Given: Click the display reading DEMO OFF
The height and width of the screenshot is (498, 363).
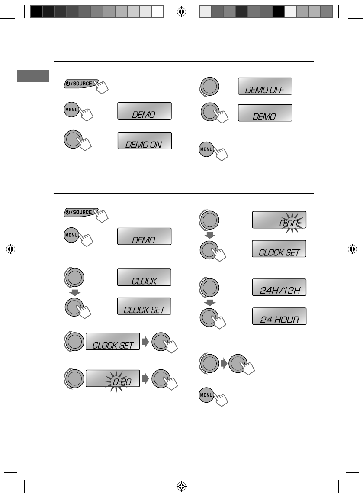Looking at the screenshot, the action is [265, 86].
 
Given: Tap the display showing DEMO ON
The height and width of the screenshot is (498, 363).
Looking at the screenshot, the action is [144, 141].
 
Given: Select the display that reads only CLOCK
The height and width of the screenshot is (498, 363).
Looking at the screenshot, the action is [144, 277].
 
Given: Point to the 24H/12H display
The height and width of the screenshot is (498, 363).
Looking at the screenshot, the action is [279, 287].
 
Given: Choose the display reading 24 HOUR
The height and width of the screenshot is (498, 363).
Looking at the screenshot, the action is [279, 316].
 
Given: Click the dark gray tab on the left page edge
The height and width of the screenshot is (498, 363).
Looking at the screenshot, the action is [33, 76].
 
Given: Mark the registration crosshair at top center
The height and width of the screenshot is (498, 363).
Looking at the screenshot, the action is [182, 12].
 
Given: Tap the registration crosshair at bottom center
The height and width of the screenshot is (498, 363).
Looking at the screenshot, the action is [182, 486].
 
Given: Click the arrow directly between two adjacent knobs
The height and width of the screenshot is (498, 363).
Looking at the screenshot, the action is [224, 362].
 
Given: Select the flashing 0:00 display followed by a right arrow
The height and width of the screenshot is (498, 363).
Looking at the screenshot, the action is [112, 378].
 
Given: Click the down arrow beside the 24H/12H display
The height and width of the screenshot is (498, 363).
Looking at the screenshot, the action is [209, 302].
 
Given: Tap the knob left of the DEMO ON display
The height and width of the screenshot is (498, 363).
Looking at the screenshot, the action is [73, 140].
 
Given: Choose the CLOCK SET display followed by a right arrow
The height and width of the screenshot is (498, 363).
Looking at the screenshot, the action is [112, 342].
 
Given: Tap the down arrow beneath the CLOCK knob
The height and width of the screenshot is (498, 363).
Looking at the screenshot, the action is [74, 293].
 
